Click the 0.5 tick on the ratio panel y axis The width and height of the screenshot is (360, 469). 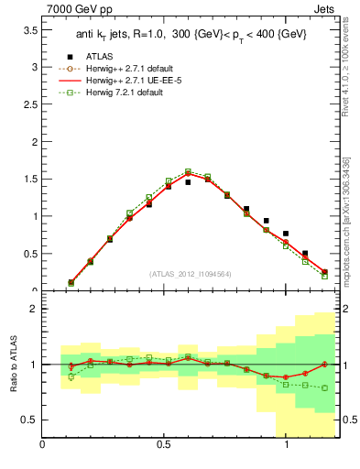(27, 420)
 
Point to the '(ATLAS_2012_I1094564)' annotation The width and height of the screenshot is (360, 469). (190, 273)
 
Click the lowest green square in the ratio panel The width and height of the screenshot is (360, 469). (324, 387)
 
